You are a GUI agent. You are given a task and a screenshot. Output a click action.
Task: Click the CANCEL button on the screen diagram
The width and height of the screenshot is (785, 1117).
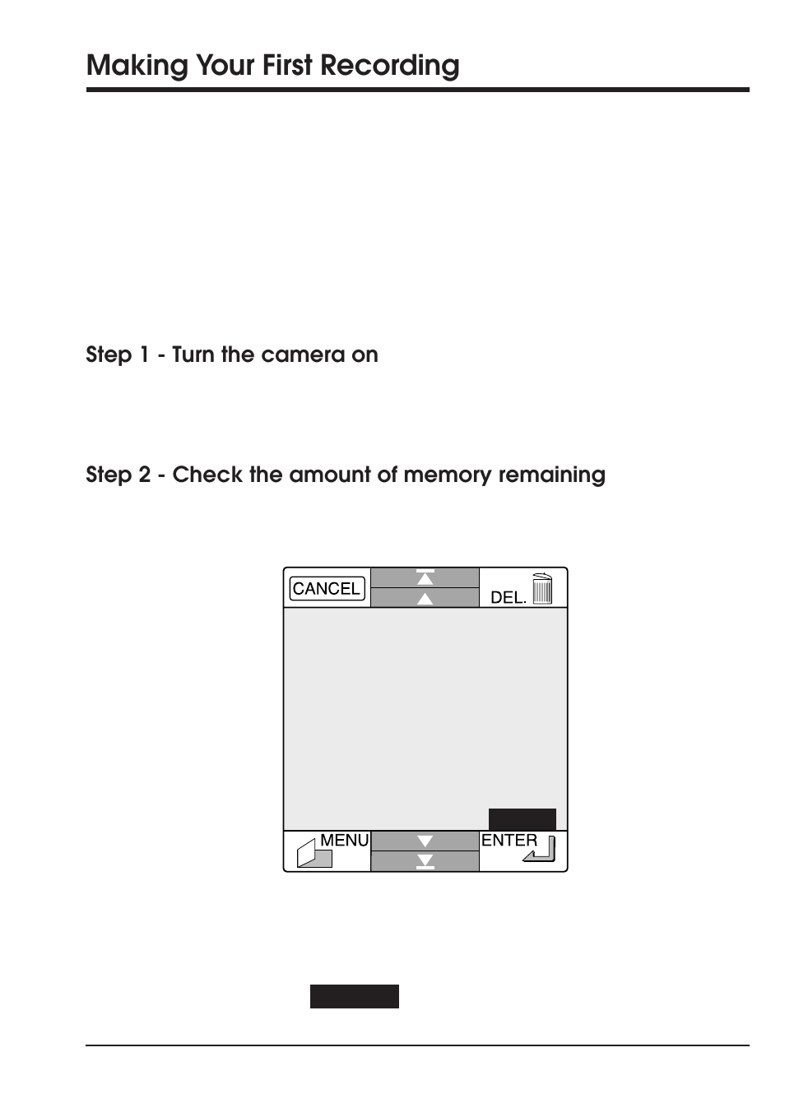327,589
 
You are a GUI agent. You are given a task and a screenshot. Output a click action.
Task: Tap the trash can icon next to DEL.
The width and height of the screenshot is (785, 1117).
542,589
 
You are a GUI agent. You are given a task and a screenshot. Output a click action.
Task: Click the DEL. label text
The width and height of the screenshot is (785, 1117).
508,598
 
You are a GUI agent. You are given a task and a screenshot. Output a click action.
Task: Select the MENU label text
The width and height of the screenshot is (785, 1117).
344,840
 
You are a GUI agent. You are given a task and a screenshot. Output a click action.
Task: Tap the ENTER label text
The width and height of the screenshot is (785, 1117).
509,840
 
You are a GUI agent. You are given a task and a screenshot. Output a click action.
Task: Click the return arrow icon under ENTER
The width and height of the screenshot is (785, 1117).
540,850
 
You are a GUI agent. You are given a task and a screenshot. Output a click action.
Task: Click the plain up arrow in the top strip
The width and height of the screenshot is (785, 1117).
425,599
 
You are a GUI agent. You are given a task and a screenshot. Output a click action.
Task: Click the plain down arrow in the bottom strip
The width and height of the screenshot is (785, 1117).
425,841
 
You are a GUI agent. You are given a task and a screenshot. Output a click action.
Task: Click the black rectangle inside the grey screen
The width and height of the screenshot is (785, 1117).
523,819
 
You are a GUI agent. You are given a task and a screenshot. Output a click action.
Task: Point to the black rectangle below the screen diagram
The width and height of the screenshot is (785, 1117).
355,996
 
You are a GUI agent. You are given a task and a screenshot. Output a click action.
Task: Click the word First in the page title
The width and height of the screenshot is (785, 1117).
287,66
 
